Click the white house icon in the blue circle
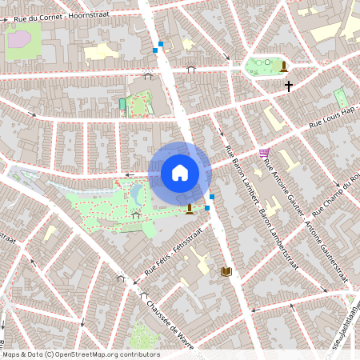click(x=179, y=173)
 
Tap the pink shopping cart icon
click(x=264, y=152)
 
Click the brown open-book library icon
click(x=226, y=272)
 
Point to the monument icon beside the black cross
click(x=284, y=66)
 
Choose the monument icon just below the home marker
click(x=189, y=210)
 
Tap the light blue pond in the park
click(x=137, y=194)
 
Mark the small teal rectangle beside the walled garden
click(x=122, y=104)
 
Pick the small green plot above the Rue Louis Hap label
click(x=341, y=98)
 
